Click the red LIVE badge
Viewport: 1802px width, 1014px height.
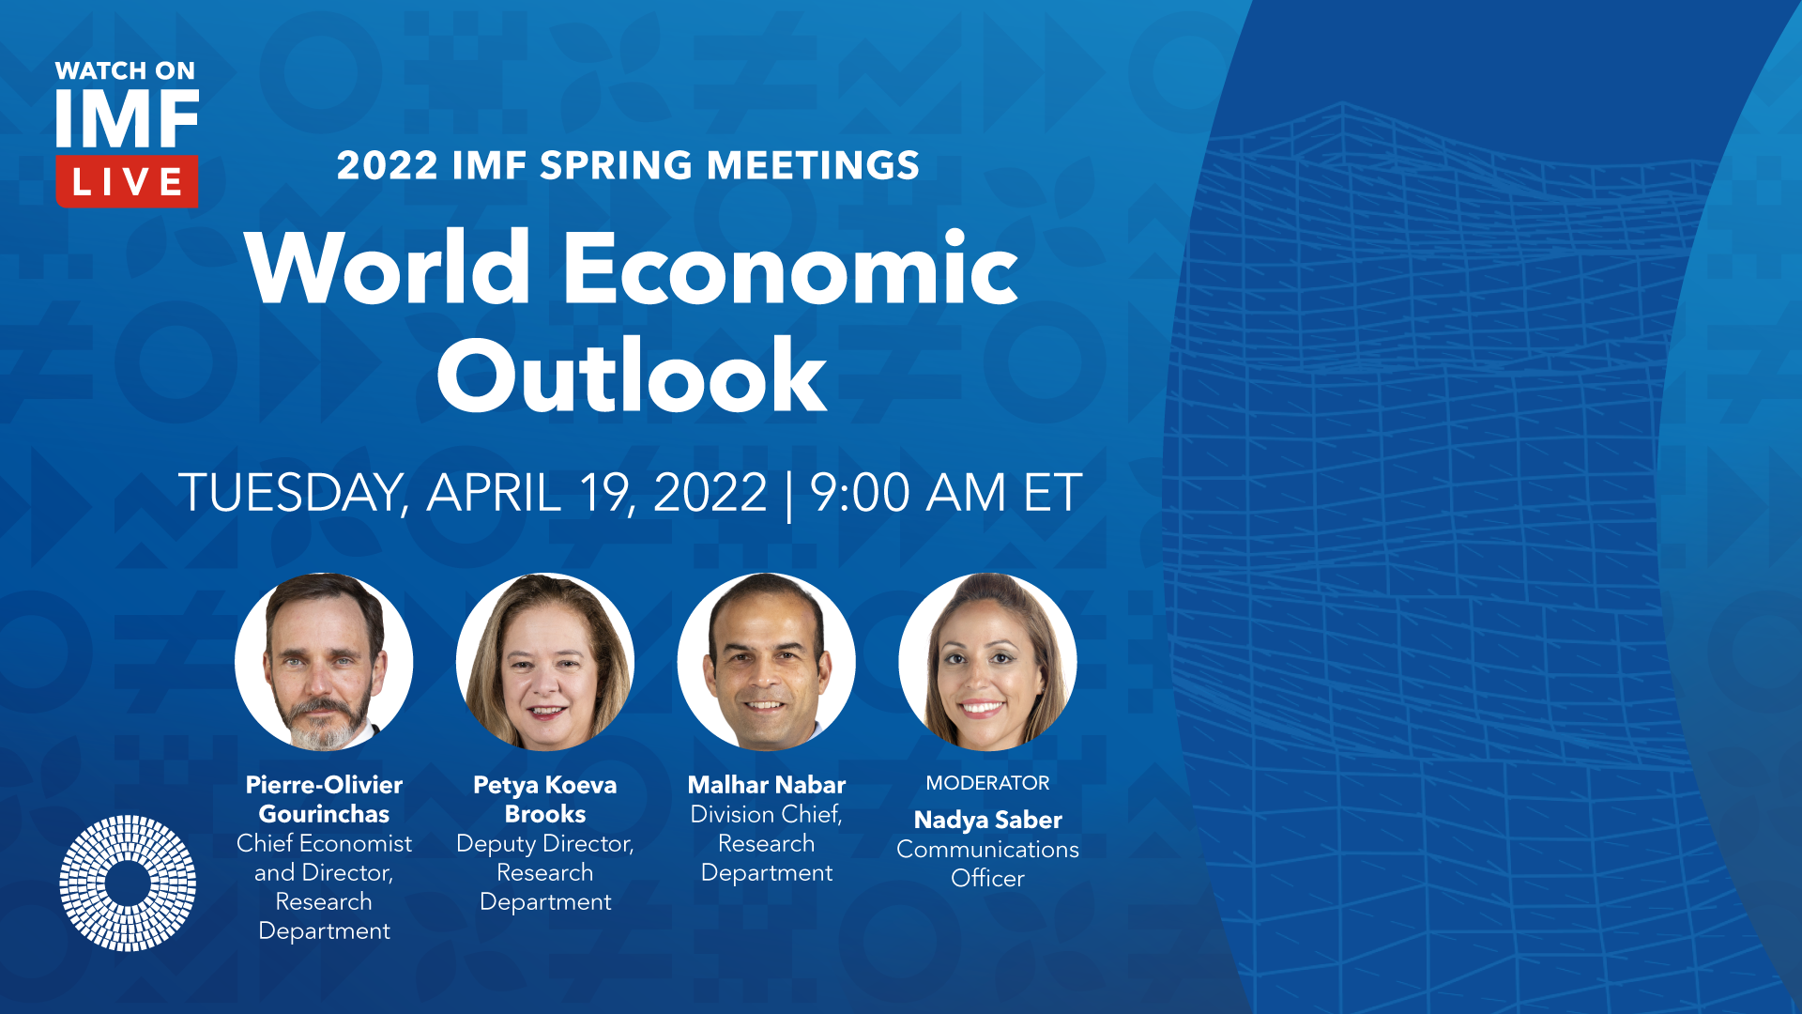click(127, 181)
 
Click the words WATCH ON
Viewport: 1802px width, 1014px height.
click(125, 70)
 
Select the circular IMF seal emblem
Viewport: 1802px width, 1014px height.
click(128, 883)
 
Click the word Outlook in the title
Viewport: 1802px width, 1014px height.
click(632, 376)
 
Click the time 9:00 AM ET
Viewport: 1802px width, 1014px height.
click(946, 492)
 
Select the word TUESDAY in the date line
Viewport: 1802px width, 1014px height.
click(292, 493)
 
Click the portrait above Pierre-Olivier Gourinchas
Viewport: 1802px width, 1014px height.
click(324, 662)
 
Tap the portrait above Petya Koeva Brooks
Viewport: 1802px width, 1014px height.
click(545, 662)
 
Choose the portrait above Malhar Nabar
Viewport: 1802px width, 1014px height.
click(767, 662)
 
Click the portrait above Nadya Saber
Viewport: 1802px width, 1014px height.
click(988, 662)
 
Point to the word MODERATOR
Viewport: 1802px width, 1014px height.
click(987, 783)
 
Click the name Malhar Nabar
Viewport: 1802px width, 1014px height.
click(767, 785)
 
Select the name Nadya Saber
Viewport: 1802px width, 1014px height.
click(988, 820)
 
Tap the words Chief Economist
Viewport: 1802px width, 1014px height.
click(324, 843)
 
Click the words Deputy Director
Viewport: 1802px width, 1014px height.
click(545, 844)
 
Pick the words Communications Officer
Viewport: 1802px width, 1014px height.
click(987, 864)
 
